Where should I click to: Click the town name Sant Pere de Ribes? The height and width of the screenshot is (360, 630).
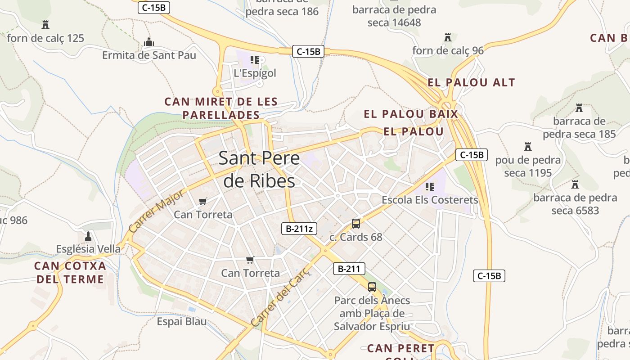click(x=259, y=169)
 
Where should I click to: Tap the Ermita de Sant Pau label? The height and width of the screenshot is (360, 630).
click(x=149, y=55)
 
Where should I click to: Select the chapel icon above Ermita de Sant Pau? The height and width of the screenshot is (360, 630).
click(x=149, y=42)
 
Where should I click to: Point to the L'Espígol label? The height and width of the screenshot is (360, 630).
click(x=255, y=73)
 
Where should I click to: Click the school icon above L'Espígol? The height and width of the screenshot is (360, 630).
click(x=255, y=60)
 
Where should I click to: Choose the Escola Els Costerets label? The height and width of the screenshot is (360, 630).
click(x=430, y=199)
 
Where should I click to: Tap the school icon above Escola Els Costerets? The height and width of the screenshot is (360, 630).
click(x=430, y=186)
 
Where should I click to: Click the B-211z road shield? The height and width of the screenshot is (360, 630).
click(x=299, y=229)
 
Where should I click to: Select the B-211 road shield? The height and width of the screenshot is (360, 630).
click(x=349, y=269)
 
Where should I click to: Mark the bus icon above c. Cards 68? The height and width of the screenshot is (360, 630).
click(x=356, y=224)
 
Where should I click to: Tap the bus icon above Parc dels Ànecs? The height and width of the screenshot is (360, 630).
click(x=372, y=287)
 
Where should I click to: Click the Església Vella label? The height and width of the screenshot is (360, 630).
click(x=88, y=249)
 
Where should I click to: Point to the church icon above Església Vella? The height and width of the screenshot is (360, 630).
click(x=88, y=236)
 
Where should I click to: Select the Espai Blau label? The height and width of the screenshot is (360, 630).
click(x=182, y=321)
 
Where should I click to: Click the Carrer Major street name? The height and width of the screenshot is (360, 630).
click(x=156, y=211)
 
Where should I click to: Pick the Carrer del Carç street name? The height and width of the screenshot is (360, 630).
click(x=281, y=297)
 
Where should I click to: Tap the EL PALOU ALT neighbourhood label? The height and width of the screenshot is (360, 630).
click(x=471, y=82)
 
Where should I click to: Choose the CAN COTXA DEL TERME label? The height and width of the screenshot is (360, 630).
click(x=70, y=272)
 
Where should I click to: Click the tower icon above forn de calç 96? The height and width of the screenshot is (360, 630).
click(x=448, y=37)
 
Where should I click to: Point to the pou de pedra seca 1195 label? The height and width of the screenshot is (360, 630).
click(x=528, y=166)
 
